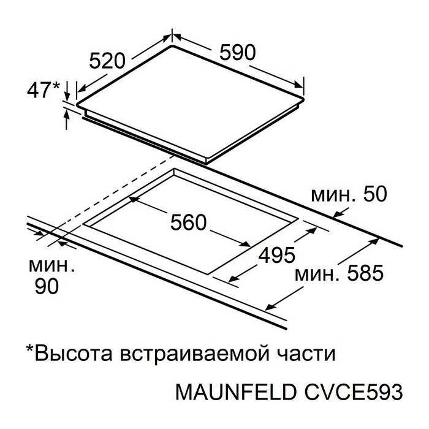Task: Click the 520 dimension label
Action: click(107, 61)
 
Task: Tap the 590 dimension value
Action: click(238, 53)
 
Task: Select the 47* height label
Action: click(44, 89)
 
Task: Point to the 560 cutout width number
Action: click(188, 222)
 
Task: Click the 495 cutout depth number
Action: click(277, 255)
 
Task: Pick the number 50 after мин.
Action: click(375, 194)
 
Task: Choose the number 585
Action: click(365, 273)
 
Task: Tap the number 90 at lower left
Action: click(47, 286)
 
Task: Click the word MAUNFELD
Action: click(236, 392)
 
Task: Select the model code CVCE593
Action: click(353, 392)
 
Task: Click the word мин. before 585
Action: click(317, 275)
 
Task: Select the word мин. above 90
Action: click(51, 266)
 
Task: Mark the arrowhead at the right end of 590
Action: click(299, 85)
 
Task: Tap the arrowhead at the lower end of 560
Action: click(245, 244)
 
